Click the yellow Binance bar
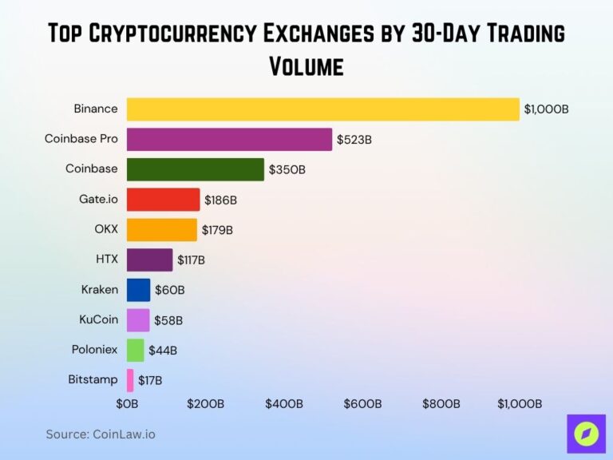pyautogui.click(x=322, y=109)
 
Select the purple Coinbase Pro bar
pyautogui.click(x=229, y=139)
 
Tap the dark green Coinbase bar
pyautogui.click(x=195, y=169)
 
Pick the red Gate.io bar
pyautogui.click(x=163, y=200)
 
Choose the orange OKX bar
pyautogui.click(x=161, y=230)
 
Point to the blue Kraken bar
pyautogui.click(x=138, y=290)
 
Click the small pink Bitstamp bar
pyautogui.click(x=130, y=379)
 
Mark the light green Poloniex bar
pyautogui.click(x=135, y=350)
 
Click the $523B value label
pyautogui.click(x=354, y=140)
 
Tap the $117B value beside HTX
pyautogui.click(x=191, y=260)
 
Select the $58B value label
pyautogui.click(x=168, y=320)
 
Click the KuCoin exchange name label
pyautogui.click(x=98, y=319)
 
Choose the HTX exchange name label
pyautogui.click(x=106, y=259)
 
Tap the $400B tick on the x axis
pyautogui.click(x=284, y=404)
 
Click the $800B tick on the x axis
pyautogui.click(x=441, y=404)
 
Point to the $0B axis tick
pyautogui.click(x=128, y=404)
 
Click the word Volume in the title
pyautogui.click(x=306, y=65)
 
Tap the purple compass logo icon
pyautogui.click(x=586, y=434)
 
